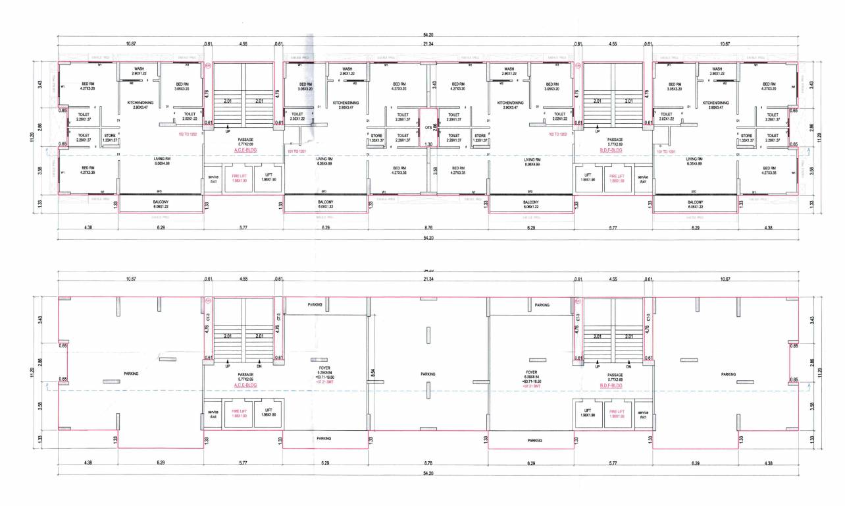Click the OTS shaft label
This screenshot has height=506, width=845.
pos(428,128)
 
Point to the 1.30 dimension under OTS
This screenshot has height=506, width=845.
pos(428,144)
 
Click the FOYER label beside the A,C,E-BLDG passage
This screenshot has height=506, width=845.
pos(324,368)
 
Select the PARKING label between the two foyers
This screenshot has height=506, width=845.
pos(428,374)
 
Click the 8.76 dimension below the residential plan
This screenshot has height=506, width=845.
pos(428,227)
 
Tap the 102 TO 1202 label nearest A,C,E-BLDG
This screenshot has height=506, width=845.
pos(189,134)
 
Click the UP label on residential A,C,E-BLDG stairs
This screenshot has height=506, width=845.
pos(228,131)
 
